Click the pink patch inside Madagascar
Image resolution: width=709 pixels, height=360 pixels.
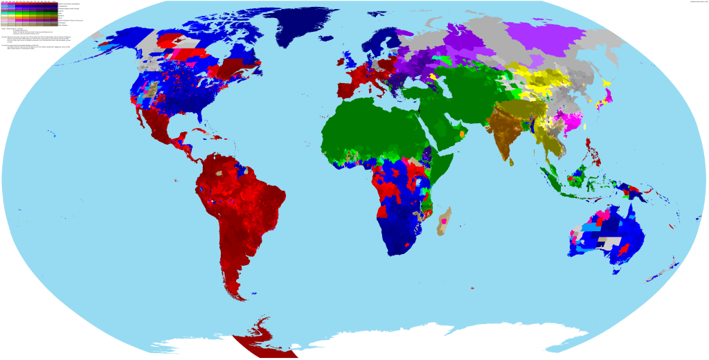pyautogui.click(x=440, y=222)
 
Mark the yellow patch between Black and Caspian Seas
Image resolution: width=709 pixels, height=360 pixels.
pyautogui.click(x=433, y=77)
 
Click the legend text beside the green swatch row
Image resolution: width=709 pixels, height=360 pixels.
pyautogui.click(x=62, y=13)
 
